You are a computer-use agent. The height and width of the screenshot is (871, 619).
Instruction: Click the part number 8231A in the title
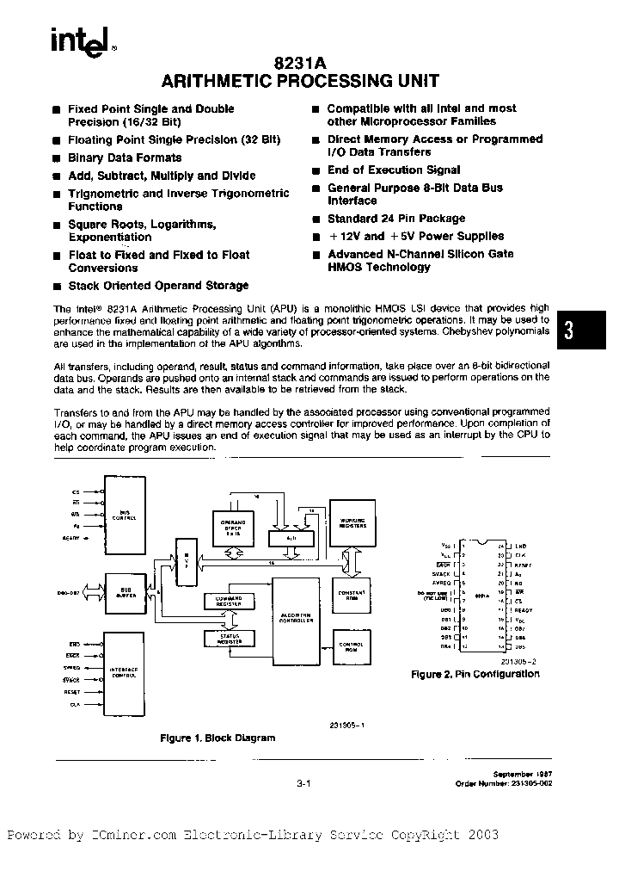click(x=300, y=63)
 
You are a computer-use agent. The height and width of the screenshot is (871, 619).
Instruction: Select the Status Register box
click(x=229, y=638)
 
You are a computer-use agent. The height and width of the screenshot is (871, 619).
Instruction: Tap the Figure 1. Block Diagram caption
click(x=218, y=738)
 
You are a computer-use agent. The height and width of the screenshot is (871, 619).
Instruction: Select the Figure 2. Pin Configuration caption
click(x=475, y=674)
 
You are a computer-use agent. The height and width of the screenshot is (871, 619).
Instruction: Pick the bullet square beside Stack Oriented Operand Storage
click(x=56, y=286)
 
